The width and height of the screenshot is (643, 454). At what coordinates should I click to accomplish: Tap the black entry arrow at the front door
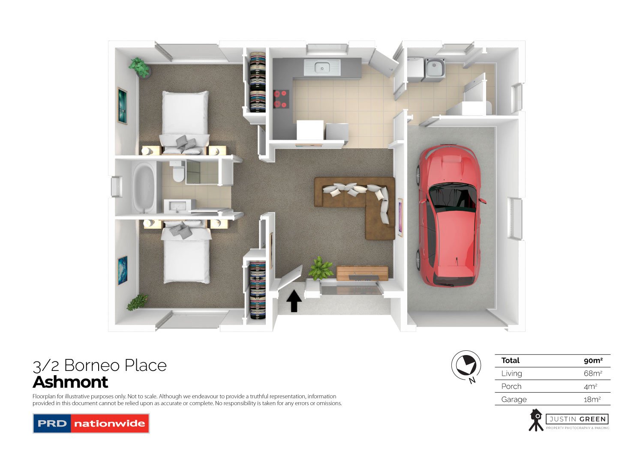pyautogui.click(x=294, y=301)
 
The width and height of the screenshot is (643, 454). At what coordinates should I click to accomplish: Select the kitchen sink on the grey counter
pyautogui.click(x=321, y=67)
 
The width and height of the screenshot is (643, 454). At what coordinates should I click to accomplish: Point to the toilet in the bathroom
pyautogui.click(x=177, y=173)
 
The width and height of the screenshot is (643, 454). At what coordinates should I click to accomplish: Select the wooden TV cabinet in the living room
pyautogui.click(x=362, y=273)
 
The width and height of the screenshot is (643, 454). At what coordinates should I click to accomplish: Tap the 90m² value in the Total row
pyautogui.click(x=593, y=361)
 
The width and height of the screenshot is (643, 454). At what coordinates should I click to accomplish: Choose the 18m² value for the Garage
pyautogui.click(x=593, y=399)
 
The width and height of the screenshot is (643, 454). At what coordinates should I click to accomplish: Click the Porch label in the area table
pyautogui.click(x=511, y=386)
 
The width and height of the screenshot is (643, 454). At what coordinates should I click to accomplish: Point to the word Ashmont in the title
pyautogui.click(x=71, y=382)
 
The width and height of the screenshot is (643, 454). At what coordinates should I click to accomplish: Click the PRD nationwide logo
pyautogui.click(x=91, y=423)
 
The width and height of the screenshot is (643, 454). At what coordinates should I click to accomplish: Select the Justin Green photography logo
pyautogui.click(x=568, y=420)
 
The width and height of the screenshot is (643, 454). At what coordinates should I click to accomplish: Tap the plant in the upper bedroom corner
pyautogui.click(x=139, y=68)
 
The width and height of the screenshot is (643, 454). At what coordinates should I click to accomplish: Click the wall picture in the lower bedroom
pyautogui.click(x=123, y=270)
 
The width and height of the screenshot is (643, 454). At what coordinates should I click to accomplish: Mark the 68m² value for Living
pyautogui.click(x=593, y=373)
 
